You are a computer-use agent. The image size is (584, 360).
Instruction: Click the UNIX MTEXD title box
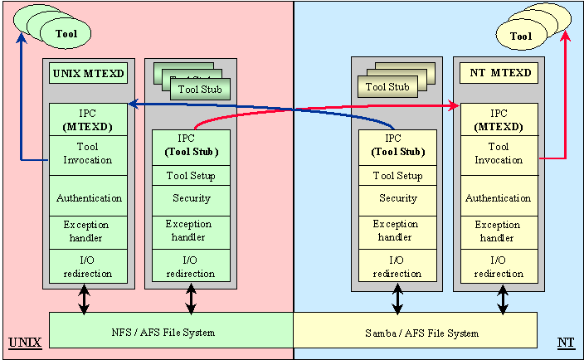pos(89,74)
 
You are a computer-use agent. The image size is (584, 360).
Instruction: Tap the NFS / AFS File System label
pos(163,333)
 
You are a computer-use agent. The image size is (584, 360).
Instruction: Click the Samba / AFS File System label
pos(421,333)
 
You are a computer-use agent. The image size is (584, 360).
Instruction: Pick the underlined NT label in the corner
pos(567,342)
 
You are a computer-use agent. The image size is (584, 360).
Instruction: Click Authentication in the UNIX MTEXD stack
pos(89,198)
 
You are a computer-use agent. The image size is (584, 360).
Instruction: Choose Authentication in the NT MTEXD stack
pos(498,198)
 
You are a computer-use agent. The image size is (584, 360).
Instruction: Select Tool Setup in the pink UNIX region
pos(191,176)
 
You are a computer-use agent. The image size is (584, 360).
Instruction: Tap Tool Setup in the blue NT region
pos(397,176)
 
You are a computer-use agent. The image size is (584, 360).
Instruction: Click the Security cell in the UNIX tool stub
pos(191,198)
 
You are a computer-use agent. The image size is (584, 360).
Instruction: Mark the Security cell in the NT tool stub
pos(397,198)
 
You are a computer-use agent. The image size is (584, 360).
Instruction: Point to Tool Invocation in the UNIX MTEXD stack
pos(89,153)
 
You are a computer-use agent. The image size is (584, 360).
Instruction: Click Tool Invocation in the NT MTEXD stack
pos(498,153)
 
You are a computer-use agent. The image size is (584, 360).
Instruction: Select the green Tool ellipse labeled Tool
pos(66,35)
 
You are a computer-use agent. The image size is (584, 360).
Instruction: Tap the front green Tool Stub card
pos(199,89)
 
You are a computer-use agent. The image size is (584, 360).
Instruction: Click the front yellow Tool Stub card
pos(387,86)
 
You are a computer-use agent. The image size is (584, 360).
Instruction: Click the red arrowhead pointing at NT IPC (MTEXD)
pos(455,105)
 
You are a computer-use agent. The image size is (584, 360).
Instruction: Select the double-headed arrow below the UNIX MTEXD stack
pos(84,300)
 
